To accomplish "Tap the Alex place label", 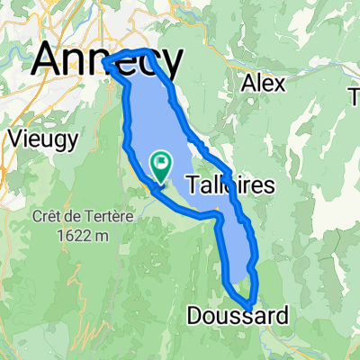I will tap(265, 83).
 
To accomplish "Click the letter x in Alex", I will tap(280, 84).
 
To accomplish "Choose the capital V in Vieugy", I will tap(13, 139).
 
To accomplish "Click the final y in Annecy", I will tap(171, 63).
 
